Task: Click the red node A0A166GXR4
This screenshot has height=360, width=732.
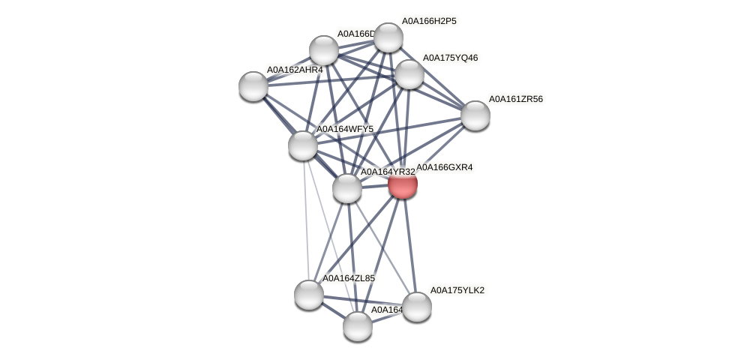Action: pyautogui.click(x=403, y=184)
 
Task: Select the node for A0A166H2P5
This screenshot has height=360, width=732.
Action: pyautogui.click(x=388, y=37)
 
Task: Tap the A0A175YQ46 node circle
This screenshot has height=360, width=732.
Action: pyautogui.click(x=409, y=74)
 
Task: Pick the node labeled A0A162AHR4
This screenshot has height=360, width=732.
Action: pyautogui.click(x=253, y=86)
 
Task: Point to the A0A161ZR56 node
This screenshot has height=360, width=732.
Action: pyautogui.click(x=475, y=115)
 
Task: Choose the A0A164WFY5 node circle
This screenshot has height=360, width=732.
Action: pyautogui.click(x=303, y=145)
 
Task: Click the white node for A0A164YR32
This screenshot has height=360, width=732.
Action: pyautogui.click(x=347, y=188)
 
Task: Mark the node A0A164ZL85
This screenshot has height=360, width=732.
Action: pyautogui.click(x=309, y=295)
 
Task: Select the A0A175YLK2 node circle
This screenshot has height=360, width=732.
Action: pyautogui.click(x=417, y=307)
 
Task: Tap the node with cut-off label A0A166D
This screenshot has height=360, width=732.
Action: pyautogui.click(x=324, y=51)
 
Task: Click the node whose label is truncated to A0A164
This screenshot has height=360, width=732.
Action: pyautogui.click(x=358, y=326)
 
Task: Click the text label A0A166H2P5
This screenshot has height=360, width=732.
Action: pyautogui.click(x=429, y=21)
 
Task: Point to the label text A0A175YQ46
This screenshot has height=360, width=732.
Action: pyautogui.click(x=450, y=58)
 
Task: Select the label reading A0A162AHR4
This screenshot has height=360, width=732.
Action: pyautogui.click(x=295, y=70)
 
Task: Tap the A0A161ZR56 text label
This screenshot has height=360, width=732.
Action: pyautogui.click(x=516, y=99)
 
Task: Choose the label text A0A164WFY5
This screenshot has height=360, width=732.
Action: pyautogui.click(x=345, y=129)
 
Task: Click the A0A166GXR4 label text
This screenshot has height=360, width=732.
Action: pyautogui.click(x=445, y=167)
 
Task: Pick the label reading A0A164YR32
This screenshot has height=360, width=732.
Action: pyautogui.click(x=388, y=172)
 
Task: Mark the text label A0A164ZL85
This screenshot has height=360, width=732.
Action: pyautogui.click(x=349, y=278)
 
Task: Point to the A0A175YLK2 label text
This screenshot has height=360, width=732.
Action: pyautogui.click(x=457, y=290)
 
